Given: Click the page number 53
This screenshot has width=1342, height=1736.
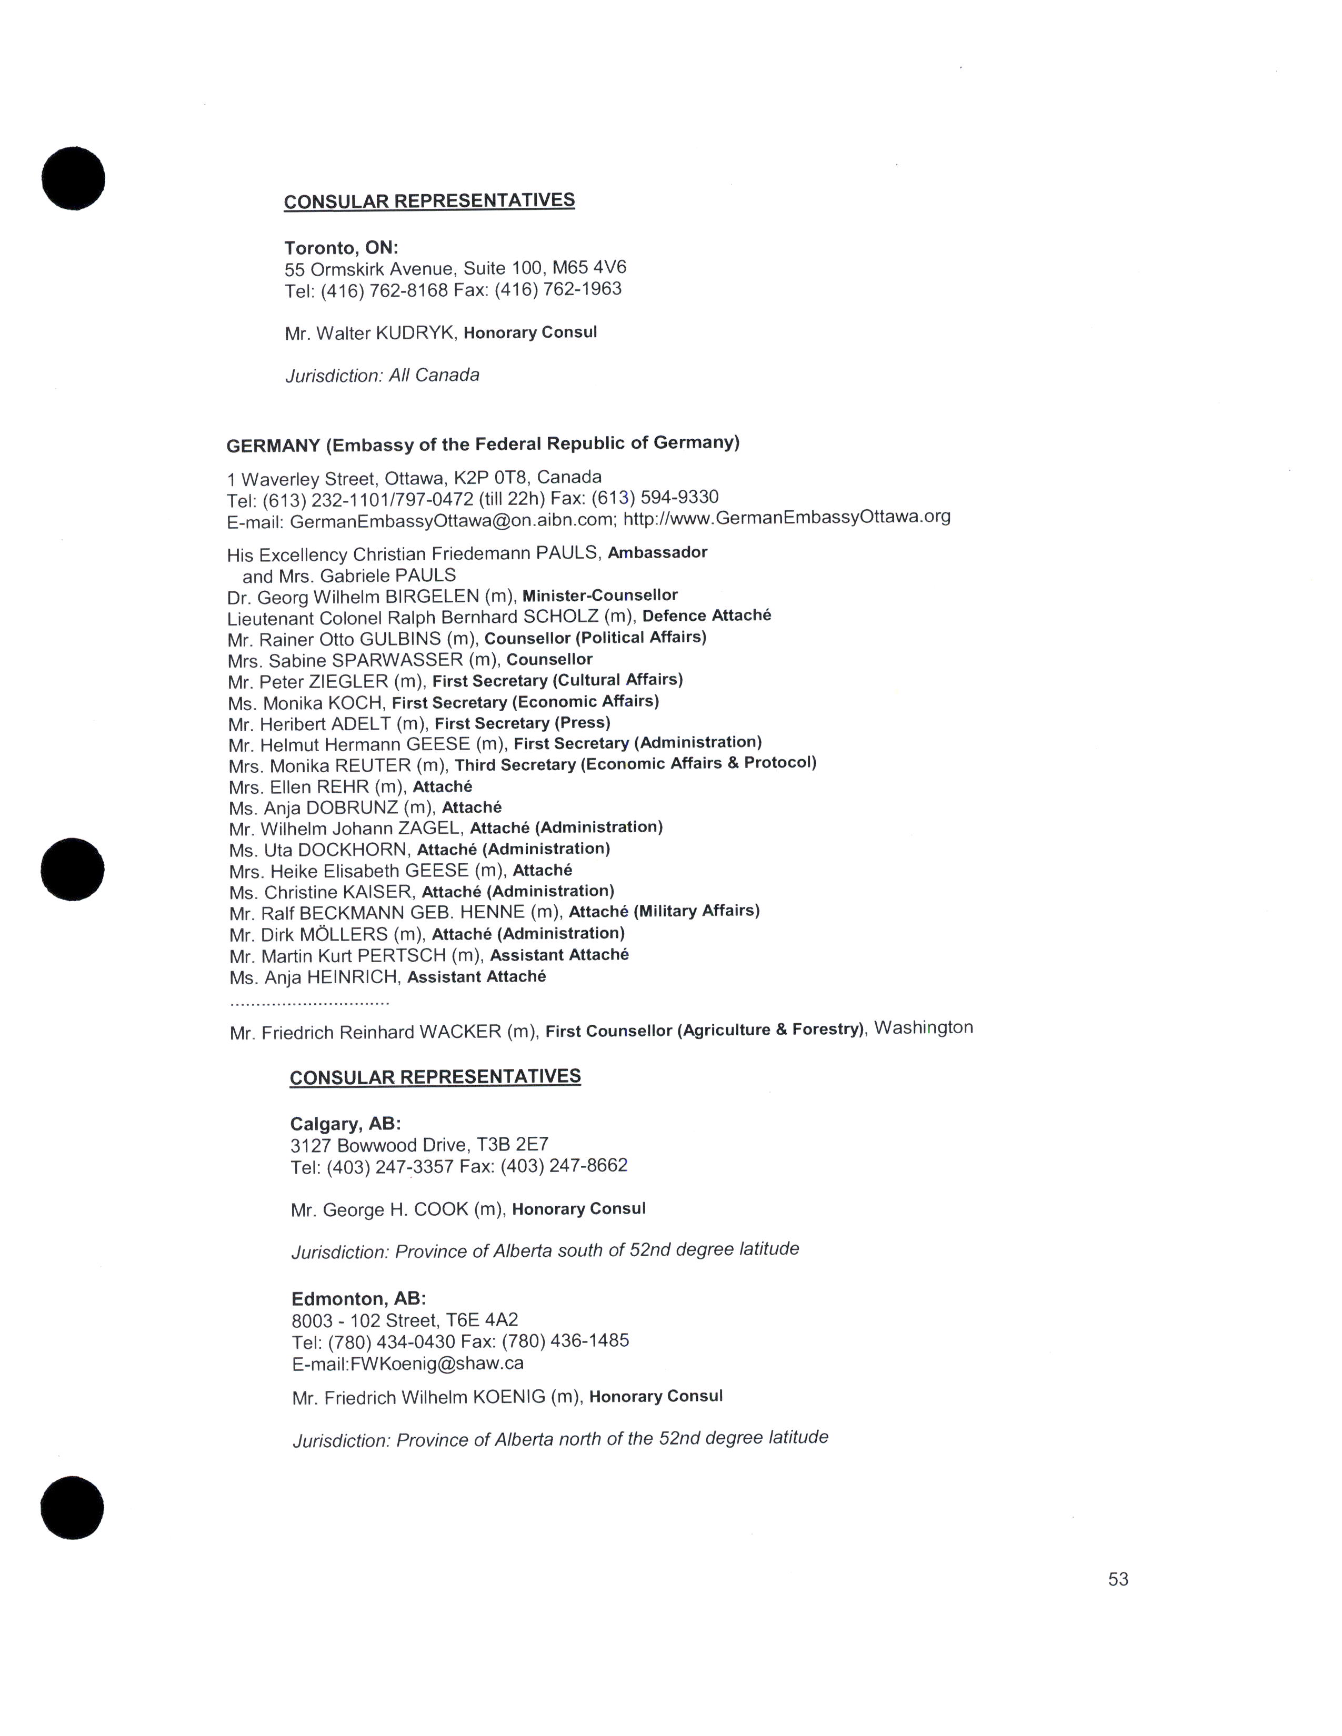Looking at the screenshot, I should pos(1118,1579).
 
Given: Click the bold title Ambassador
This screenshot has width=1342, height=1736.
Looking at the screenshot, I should pos(657,552).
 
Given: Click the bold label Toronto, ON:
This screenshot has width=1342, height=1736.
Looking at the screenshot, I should pos(341,248).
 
